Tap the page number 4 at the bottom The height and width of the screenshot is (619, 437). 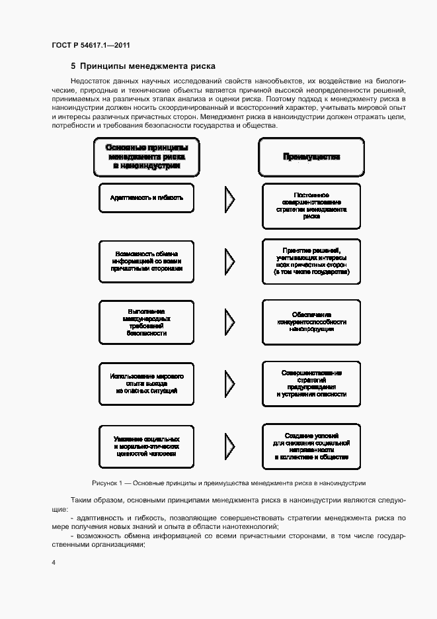click(x=53, y=562)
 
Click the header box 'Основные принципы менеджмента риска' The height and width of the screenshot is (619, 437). click(x=147, y=158)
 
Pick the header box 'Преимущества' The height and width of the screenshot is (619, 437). click(x=311, y=158)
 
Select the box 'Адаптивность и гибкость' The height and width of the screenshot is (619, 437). click(x=147, y=198)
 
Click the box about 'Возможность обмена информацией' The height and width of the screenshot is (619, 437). click(x=147, y=262)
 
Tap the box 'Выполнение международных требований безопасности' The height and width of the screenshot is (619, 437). click(x=147, y=322)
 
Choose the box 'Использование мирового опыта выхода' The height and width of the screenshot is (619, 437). click(x=147, y=384)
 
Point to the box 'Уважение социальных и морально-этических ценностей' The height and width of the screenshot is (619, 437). click(x=147, y=447)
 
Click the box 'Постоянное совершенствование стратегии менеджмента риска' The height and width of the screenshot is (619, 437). click(x=311, y=206)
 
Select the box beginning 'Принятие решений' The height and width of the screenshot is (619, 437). click(x=311, y=262)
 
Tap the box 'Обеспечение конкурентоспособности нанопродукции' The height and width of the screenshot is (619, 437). click(x=311, y=322)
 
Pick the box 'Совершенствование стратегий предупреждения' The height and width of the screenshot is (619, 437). click(x=311, y=383)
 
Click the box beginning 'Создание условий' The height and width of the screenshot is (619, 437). click(x=311, y=446)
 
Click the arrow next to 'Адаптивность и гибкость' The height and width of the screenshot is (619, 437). click(x=229, y=198)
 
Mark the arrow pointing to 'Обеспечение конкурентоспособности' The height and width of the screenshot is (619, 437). click(x=229, y=322)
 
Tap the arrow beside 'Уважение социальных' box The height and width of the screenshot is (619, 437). click(x=229, y=447)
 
